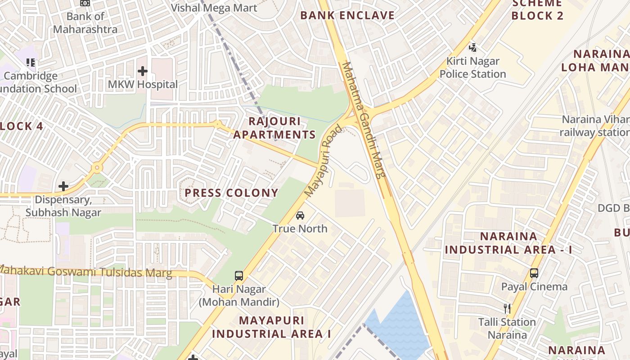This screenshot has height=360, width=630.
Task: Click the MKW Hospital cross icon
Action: point(143,71)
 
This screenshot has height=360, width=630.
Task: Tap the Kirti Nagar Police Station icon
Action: point(472,47)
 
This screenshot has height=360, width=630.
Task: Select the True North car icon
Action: point(300,215)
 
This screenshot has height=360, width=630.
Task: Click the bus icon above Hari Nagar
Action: point(239,275)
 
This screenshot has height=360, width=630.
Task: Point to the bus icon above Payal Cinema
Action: point(534,273)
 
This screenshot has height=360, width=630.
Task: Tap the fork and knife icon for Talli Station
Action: point(507,308)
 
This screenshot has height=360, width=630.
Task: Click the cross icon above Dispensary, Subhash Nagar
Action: point(63,186)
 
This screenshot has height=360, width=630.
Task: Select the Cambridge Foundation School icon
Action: point(31,62)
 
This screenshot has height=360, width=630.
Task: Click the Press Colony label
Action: point(232,193)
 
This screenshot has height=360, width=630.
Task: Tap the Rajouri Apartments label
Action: point(274,128)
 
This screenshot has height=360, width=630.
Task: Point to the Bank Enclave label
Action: point(347,15)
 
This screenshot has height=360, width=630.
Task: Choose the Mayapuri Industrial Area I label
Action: point(271,327)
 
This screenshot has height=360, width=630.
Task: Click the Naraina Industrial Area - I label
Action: point(508,243)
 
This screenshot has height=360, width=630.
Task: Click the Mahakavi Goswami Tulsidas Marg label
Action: point(85,271)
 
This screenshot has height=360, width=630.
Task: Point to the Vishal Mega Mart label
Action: point(214,8)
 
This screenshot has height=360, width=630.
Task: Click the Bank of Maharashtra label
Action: point(85,23)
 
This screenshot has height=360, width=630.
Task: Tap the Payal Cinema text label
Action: point(535,287)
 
